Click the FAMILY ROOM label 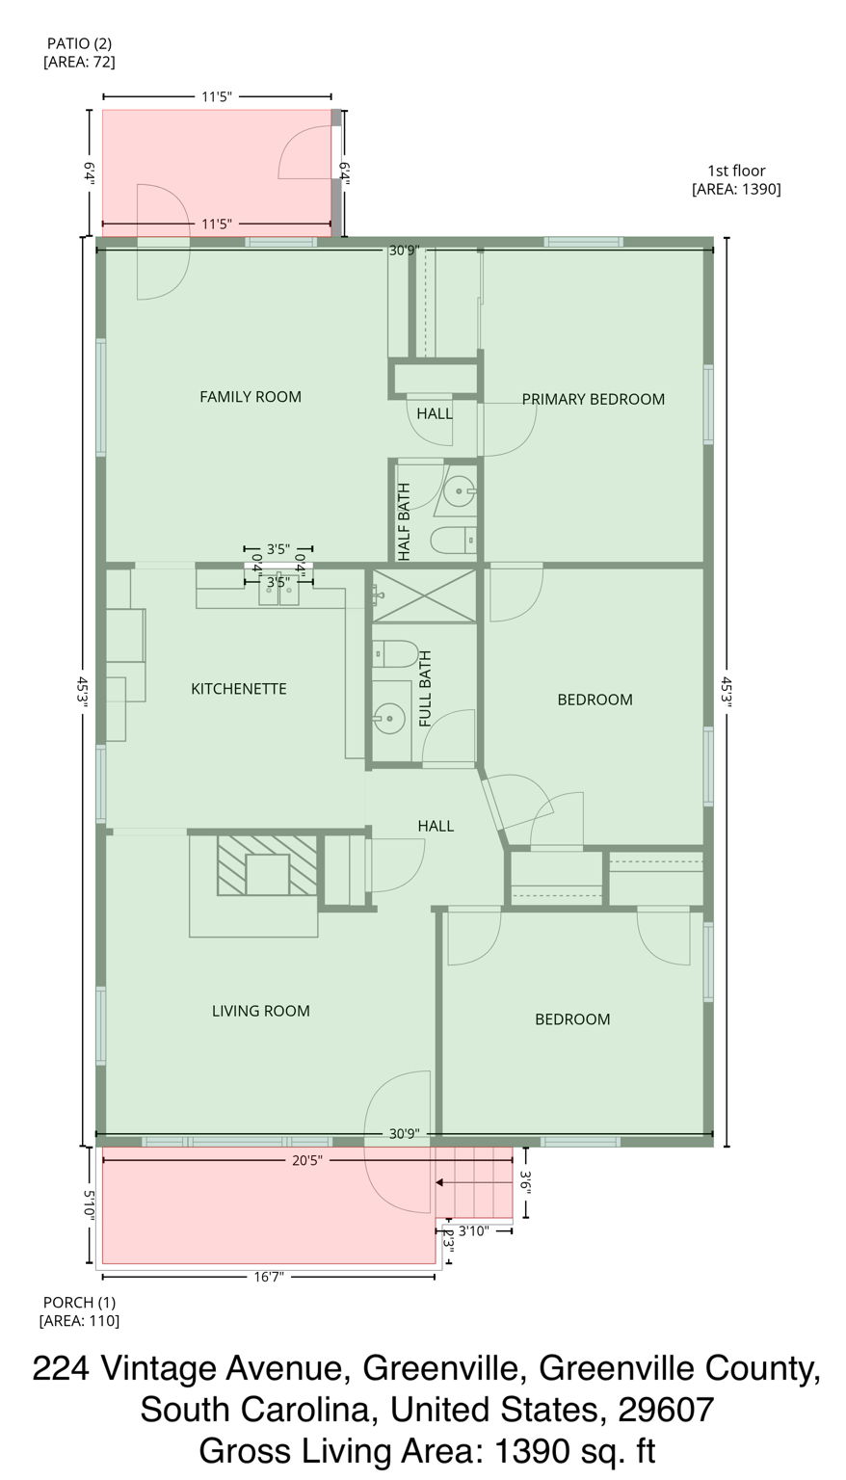tap(250, 396)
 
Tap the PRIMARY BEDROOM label tap(593, 399)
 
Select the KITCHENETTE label tap(238, 689)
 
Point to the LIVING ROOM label tap(260, 1011)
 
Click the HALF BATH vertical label tap(404, 521)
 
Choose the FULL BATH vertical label tap(425, 689)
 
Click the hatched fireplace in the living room tap(267, 865)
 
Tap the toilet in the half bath tap(452, 541)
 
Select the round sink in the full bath tap(389, 717)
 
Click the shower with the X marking tap(425, 595)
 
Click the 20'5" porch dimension tap(306, 1161)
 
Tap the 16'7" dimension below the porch tap(267, 1277)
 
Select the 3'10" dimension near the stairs tap(473, 1230)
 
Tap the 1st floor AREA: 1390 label tap(736, 180)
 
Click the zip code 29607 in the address tap(664, 1410)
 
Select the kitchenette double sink tap(278, 595)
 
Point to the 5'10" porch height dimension tap(88, 1205)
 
